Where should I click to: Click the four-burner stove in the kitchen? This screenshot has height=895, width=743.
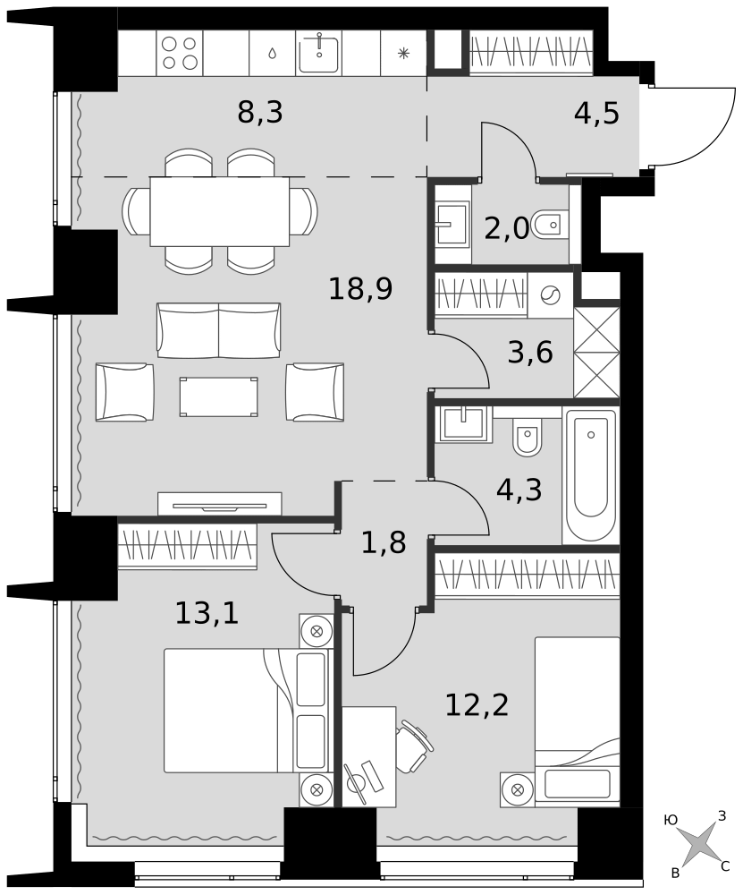[180, 53]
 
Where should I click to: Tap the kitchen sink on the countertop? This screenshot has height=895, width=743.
[319, 53]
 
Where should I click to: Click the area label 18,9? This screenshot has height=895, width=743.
[360, 289]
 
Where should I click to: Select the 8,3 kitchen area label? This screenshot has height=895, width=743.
[260, 112]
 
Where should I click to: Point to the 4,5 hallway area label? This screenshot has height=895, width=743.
[596, 113]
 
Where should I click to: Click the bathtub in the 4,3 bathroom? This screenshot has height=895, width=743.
[591, 475]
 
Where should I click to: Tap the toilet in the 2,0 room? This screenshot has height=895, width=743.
[550, 225]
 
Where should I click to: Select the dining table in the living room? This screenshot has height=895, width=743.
[220, 211]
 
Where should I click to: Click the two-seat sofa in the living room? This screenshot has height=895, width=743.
[219, 330]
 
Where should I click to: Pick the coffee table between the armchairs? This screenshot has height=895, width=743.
[218, 396]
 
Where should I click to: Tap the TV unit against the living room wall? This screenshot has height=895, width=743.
[220, 504]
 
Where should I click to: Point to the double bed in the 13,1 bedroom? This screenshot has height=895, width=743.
[248, 711]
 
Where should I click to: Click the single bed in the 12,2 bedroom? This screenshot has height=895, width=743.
[577, 721]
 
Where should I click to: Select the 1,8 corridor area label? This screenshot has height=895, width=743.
[384, 542]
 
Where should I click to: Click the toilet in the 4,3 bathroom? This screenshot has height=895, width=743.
[528, 438]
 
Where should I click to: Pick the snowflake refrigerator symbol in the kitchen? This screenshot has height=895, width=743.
[403, 54]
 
